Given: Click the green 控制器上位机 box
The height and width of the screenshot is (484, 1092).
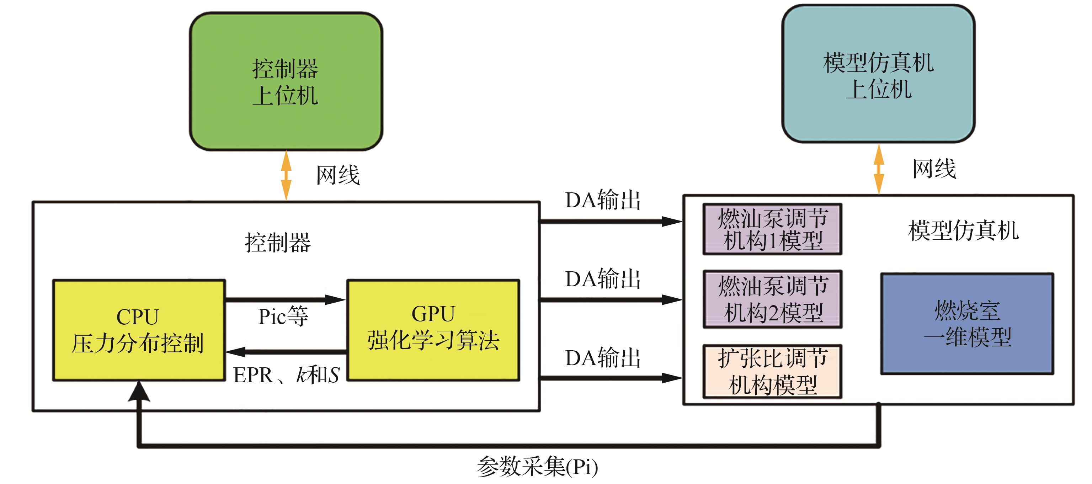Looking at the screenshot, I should [x=286, y=81].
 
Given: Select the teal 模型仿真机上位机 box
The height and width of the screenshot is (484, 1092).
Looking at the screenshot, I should [x=878, y=74].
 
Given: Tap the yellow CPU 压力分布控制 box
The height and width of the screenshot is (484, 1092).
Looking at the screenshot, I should [x=139, y=330].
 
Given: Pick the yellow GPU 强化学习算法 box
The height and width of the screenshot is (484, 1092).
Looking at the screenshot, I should [x=433, y=330].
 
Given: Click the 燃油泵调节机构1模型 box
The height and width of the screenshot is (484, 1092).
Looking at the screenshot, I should [x=772, y=229].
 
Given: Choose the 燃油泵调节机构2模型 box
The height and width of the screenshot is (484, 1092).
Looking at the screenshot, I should [x=772, y=299].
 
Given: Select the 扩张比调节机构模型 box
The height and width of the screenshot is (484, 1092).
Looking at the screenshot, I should [x=772, y=371].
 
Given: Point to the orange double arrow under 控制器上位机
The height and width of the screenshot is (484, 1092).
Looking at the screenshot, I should [x=287, y=175].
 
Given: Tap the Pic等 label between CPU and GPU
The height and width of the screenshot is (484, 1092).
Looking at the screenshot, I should [x=283, y=317].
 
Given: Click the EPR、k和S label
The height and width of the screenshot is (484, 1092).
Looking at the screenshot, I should [x=286, y=375].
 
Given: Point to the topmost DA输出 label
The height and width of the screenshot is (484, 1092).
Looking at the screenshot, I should [x=602, y=200].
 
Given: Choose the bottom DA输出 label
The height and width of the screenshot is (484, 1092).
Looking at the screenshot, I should [x=602, y=358].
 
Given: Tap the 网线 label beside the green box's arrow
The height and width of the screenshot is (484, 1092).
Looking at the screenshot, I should [x=338, y=175].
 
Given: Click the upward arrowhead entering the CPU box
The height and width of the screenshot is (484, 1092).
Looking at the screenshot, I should [x=139, y=391].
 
